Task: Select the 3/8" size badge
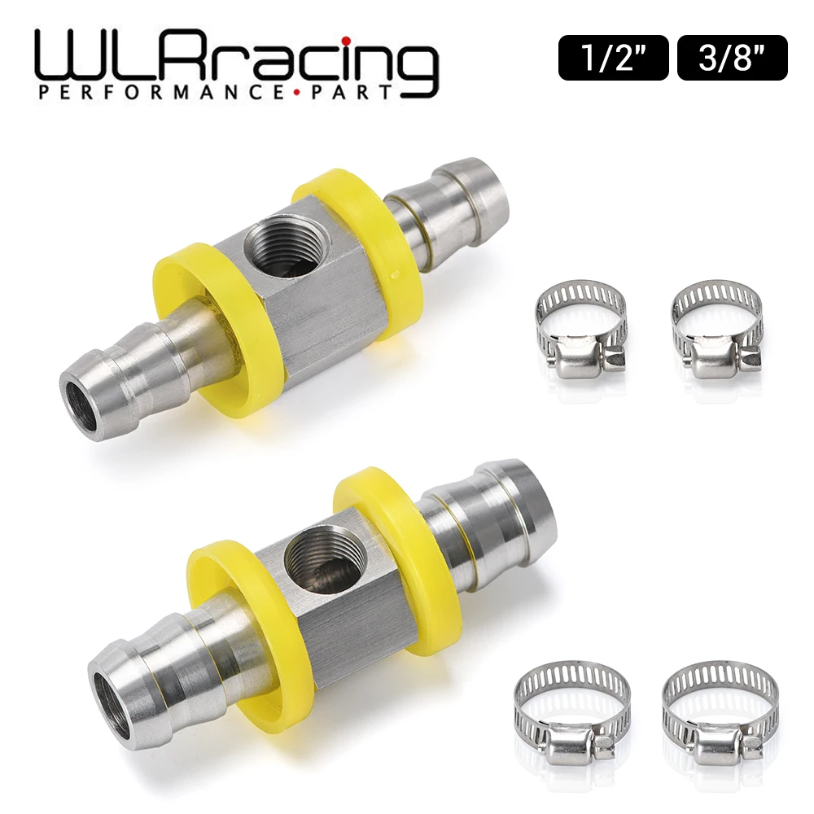[x=732, y=57]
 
